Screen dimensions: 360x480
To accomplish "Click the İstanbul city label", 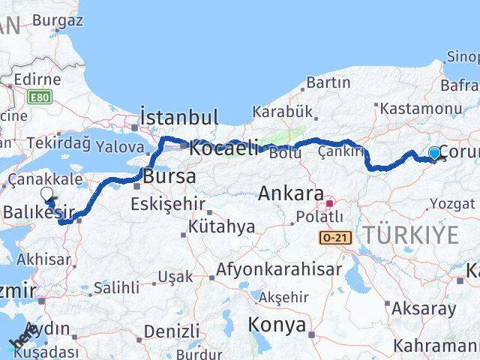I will point(179,118).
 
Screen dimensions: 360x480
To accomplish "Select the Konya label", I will point(278,325).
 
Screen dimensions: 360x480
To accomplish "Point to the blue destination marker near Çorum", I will point(434,154).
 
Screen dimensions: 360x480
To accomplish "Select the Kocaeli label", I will point(223,148).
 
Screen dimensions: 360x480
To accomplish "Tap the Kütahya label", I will point(217,226).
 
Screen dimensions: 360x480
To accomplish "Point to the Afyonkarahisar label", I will point(279,268).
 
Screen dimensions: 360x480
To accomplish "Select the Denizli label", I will point(171,331).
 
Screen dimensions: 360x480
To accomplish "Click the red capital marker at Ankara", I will point(328,203).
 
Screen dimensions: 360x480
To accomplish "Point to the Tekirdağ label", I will point(55,142).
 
